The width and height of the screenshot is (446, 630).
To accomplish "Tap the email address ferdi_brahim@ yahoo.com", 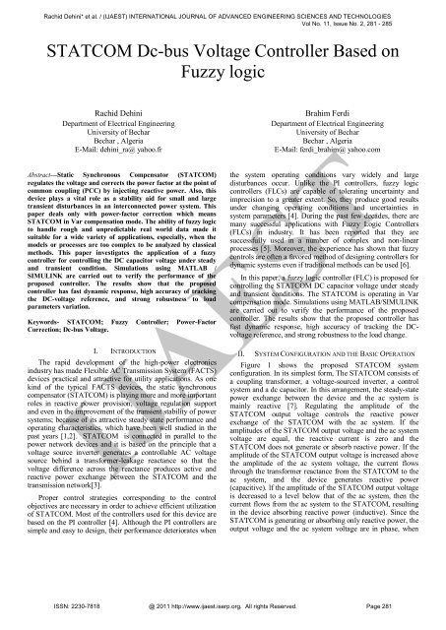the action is pyautogui.click(x=339, y=162).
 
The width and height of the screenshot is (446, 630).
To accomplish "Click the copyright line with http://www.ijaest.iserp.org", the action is pyautogui.click(x=223, y=614).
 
